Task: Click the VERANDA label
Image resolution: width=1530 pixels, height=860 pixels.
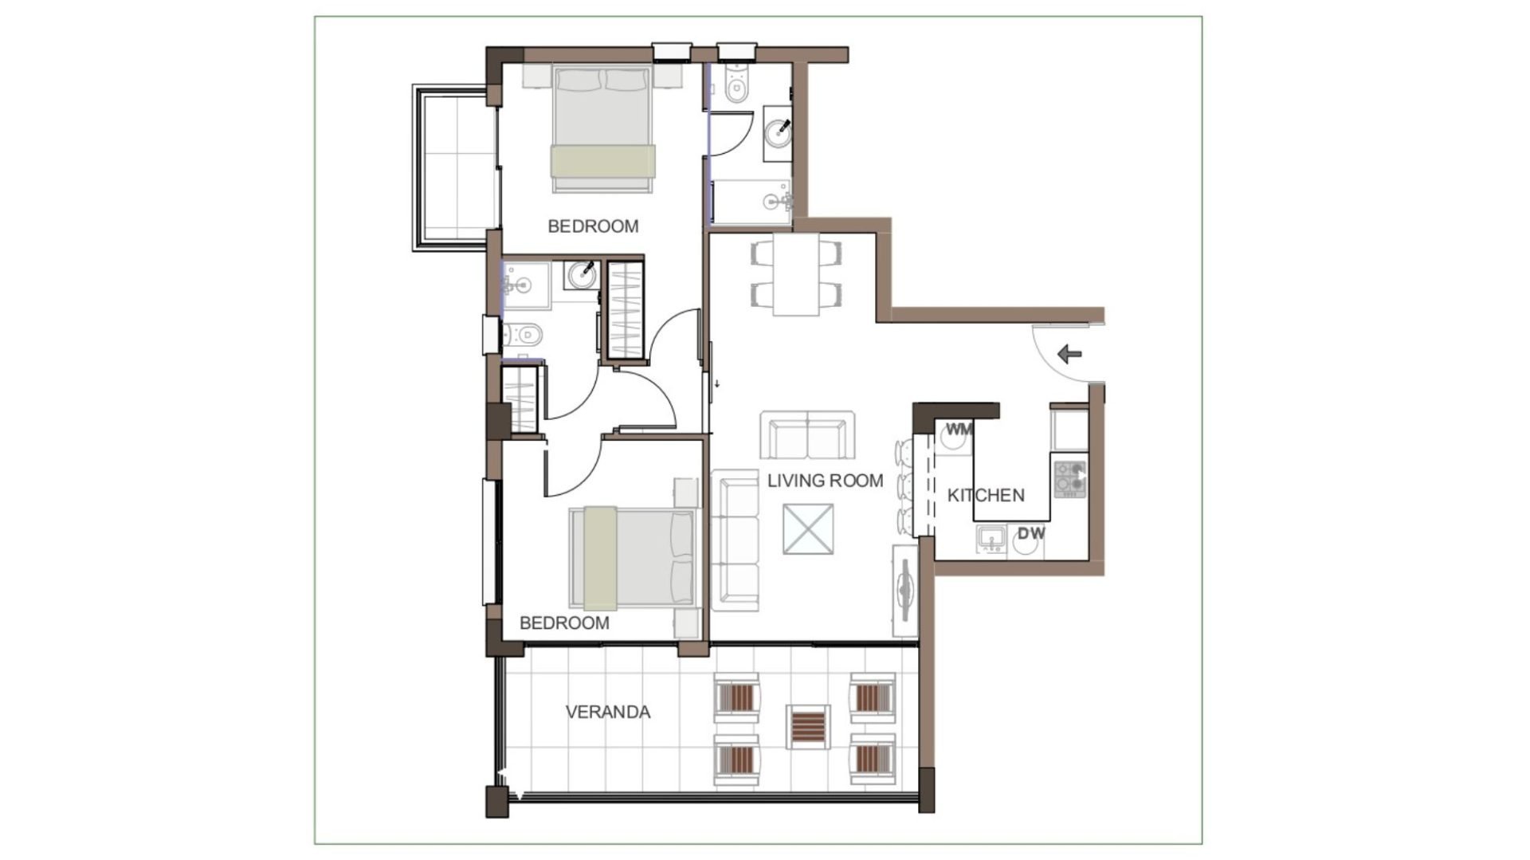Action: [x=608, y=712]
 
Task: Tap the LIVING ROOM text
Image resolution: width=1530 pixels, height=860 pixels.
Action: [x=825, y=481]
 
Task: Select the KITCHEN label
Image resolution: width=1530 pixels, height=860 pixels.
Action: [x=986, y=495]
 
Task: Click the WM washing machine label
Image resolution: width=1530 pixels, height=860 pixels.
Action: [x=959, y=430]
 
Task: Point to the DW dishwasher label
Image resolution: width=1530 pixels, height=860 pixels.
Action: [x=1031, y=533]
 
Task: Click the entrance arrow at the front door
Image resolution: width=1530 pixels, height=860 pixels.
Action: [x=1069, y=354]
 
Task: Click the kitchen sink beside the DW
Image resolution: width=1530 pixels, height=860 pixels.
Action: [x=991, y=540]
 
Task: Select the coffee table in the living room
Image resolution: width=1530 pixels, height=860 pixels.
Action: [x=808, y=528]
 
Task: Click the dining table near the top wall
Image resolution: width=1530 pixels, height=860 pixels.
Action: [x=796, y=274]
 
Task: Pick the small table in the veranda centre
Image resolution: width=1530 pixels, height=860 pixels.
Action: [x=808, y=727]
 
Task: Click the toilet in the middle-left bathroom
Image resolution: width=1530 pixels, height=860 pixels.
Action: [x=522, y=334]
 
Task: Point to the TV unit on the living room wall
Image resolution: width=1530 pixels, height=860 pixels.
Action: [x=905, y=590]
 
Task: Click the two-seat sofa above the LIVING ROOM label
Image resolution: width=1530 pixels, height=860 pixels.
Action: [x=807, y=435]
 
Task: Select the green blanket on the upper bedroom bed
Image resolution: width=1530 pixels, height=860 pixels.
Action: [x=602, y=160]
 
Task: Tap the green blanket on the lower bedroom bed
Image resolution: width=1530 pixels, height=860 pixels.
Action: [x=600, y=558]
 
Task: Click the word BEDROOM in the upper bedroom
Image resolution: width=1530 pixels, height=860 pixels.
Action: [x=593, y=226]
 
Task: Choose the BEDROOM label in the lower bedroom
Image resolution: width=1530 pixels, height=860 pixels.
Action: [x=564, y=623]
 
